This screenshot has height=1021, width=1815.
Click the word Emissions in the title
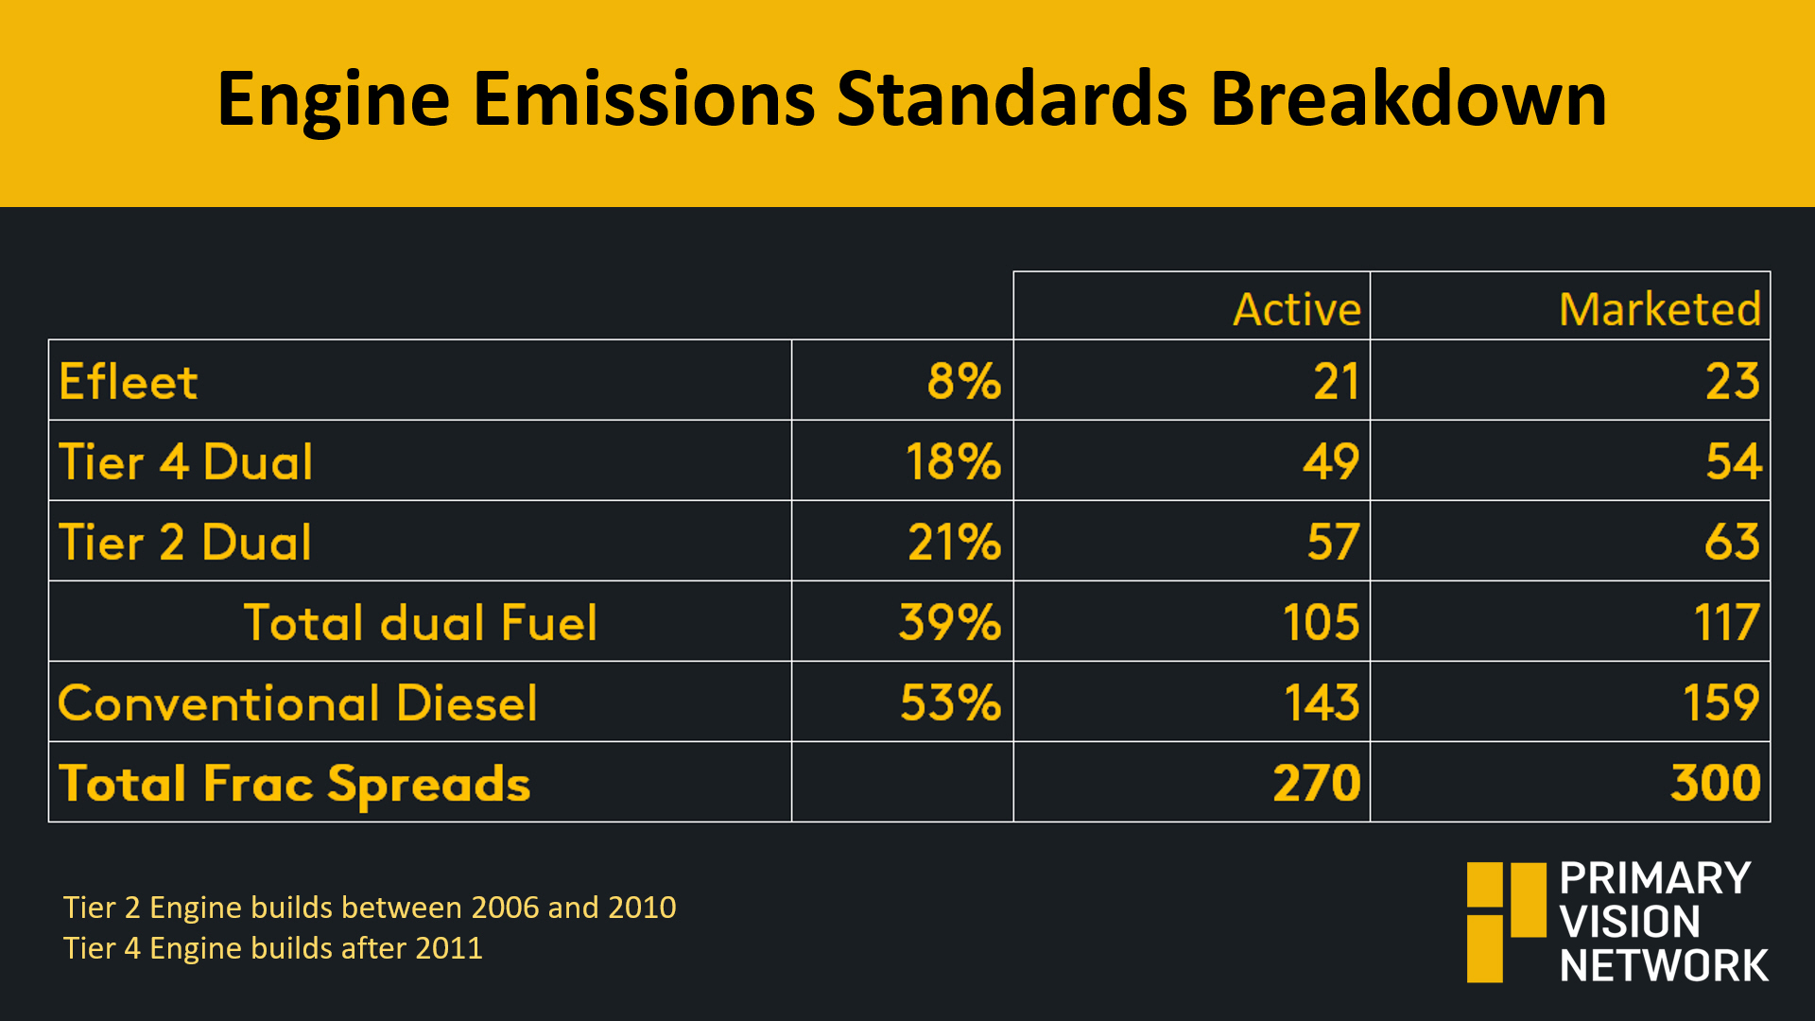[x=644, y=98]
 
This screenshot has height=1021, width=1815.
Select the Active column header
[x=1297, y=309]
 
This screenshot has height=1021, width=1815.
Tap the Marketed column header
[x=1660, y=309]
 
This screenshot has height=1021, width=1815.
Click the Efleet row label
[x=129, y=382]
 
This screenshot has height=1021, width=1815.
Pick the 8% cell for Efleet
[x=963, y=382]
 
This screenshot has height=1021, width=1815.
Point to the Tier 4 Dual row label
[x=185, y=462]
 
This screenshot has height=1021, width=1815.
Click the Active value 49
[x=1331, y=462]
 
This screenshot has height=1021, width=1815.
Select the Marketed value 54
[x=1734, y=462]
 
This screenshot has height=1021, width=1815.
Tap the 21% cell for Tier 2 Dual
[x=954, y=543]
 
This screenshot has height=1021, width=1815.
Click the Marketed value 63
[x=1733, y=543]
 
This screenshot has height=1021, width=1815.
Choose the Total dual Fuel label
[x=421, y=623]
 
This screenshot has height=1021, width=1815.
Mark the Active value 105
[x=1321, y=623]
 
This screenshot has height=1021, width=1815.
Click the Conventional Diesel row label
[x=298, y=703]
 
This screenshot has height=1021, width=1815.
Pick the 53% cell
[x=950, y=703]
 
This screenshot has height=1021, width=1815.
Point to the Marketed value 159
[x=1721, y=703]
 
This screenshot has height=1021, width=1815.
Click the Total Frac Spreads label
[x=295, y=785]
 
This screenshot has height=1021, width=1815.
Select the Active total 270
[x=1317, y=784]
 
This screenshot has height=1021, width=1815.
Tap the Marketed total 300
[x=1716, y=784]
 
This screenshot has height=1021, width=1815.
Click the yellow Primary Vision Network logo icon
[x=1507, y=922]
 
